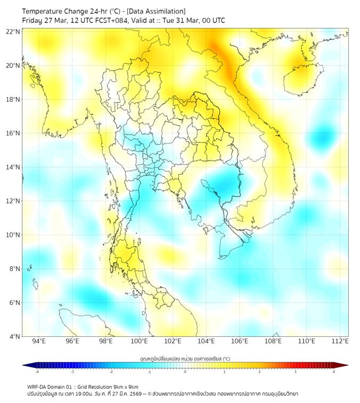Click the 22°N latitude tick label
(x=13, y=31)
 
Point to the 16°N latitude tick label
(x=13, y=133)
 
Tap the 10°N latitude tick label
(x=13, y=235)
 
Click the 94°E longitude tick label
(x=39, y=341)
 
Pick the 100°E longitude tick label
(x=140, y=341)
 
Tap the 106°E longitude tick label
(x=240, y=341)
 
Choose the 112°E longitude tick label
(x=340, y=341)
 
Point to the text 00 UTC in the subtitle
(x=211, y=20)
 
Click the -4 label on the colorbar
(x=37, y=371)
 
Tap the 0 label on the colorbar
(x=185, y=371)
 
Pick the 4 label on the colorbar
(x=334, y=371)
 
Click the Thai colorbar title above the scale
(x=185, y=358)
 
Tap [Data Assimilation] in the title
(x=155, y=11)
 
